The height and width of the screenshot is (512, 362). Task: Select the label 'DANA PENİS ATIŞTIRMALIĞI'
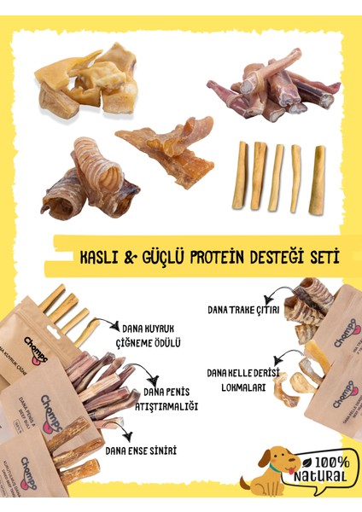[167, 398]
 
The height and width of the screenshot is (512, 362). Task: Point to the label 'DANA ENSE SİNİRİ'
[140, 450]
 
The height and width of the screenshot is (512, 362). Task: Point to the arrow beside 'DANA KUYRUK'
[108, 324]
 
